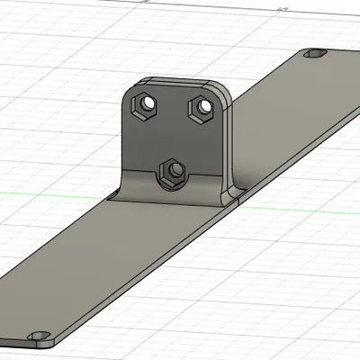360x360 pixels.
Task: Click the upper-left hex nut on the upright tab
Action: pos(143,105)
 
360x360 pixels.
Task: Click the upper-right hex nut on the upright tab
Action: pos(202,108)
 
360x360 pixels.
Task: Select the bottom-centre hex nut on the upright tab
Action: pos(172,171)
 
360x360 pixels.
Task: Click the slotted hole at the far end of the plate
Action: pos(315,56)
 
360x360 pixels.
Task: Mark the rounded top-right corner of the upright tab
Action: pos(221,90)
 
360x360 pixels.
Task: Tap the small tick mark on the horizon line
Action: pos(284,11)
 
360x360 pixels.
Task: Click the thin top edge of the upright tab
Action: pos(175,81)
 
